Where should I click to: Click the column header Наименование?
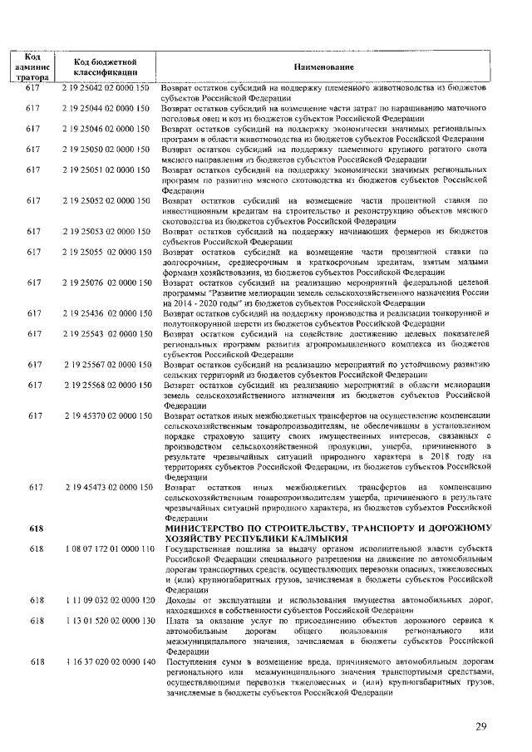coord(323,66)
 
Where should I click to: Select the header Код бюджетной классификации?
coord(105,66)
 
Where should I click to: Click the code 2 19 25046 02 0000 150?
coord(106,130)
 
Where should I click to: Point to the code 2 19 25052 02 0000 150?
coord(106,201)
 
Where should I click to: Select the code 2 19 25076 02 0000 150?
coord(106,283)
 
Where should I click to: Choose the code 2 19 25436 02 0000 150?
coord(106,313)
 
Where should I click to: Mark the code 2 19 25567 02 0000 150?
coord(106,364)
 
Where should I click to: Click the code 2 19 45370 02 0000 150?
coord(106,415)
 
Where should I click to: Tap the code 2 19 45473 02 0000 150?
coord(106,486)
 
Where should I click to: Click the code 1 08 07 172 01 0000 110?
coord(106,548)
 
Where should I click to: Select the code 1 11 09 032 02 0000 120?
coord(106,599)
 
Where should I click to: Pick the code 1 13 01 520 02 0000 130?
coord(106,620)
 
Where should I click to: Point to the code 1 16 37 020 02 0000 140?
coord(106,661)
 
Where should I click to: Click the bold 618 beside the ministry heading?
coord(34,528)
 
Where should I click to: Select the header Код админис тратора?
coord(34,66)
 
